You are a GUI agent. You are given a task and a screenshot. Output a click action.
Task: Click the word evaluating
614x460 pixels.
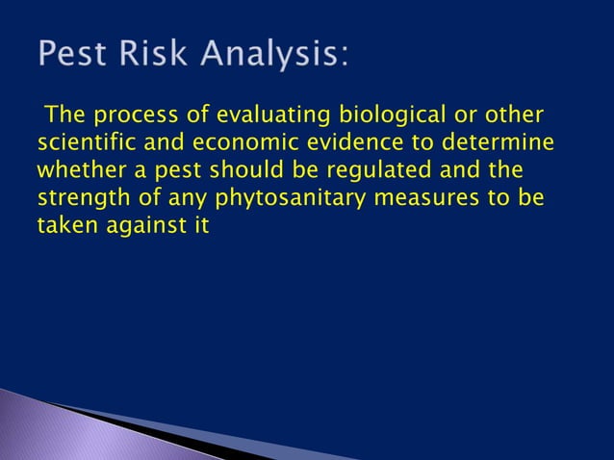251,117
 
